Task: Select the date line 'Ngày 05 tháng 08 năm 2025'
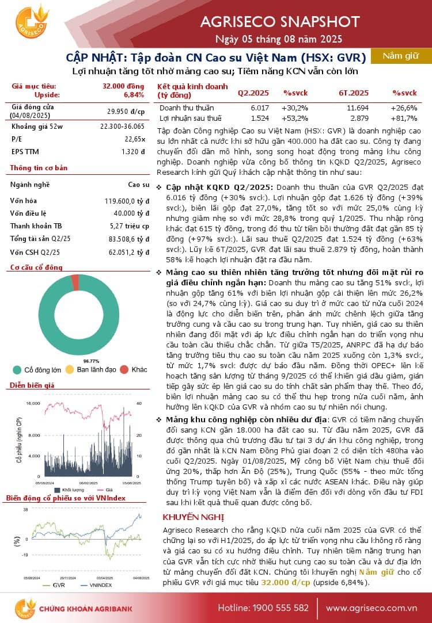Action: [x=279, y=39]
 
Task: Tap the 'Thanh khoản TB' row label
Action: [x=36, y=226]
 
